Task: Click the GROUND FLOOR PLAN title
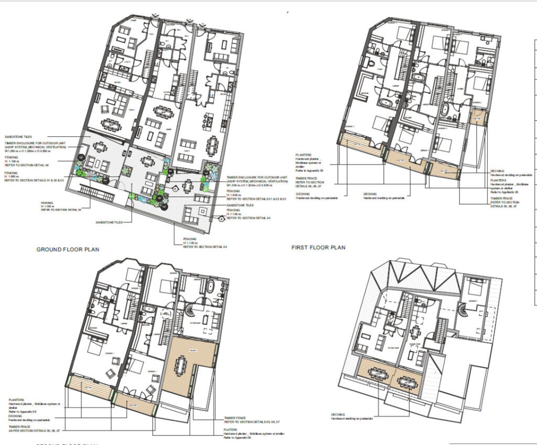[67, 249]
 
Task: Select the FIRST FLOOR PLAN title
[318, 247]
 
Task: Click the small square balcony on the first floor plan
[478, 116]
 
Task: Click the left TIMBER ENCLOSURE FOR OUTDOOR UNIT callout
[35, 145]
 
